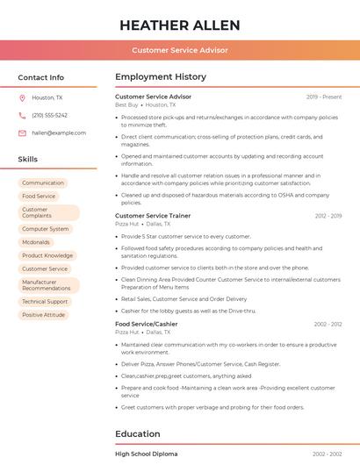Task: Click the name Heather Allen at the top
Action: coord(180,24)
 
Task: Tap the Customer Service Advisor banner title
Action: coord(180,50)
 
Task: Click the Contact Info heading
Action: coord(41,77)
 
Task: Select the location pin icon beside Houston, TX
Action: coord(22,98)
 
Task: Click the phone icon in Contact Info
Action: coord(22,116)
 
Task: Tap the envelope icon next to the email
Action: coord(22,133)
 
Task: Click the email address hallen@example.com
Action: coord(59,133)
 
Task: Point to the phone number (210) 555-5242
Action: coord(49,116)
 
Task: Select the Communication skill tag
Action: coord(43,183)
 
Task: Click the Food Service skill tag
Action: coord(39,197)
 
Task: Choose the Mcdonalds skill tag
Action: coord(36,242)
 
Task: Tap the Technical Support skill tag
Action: coord(45,302)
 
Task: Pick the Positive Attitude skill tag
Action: coord(44,315)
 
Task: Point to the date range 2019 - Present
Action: coord(324,97)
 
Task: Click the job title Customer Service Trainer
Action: coord(153,215)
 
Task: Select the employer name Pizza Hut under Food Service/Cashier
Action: coord(127,333)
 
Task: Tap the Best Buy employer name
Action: coord(127,104)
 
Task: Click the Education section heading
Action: coord(138,433)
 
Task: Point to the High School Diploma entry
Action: coord(146,454)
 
